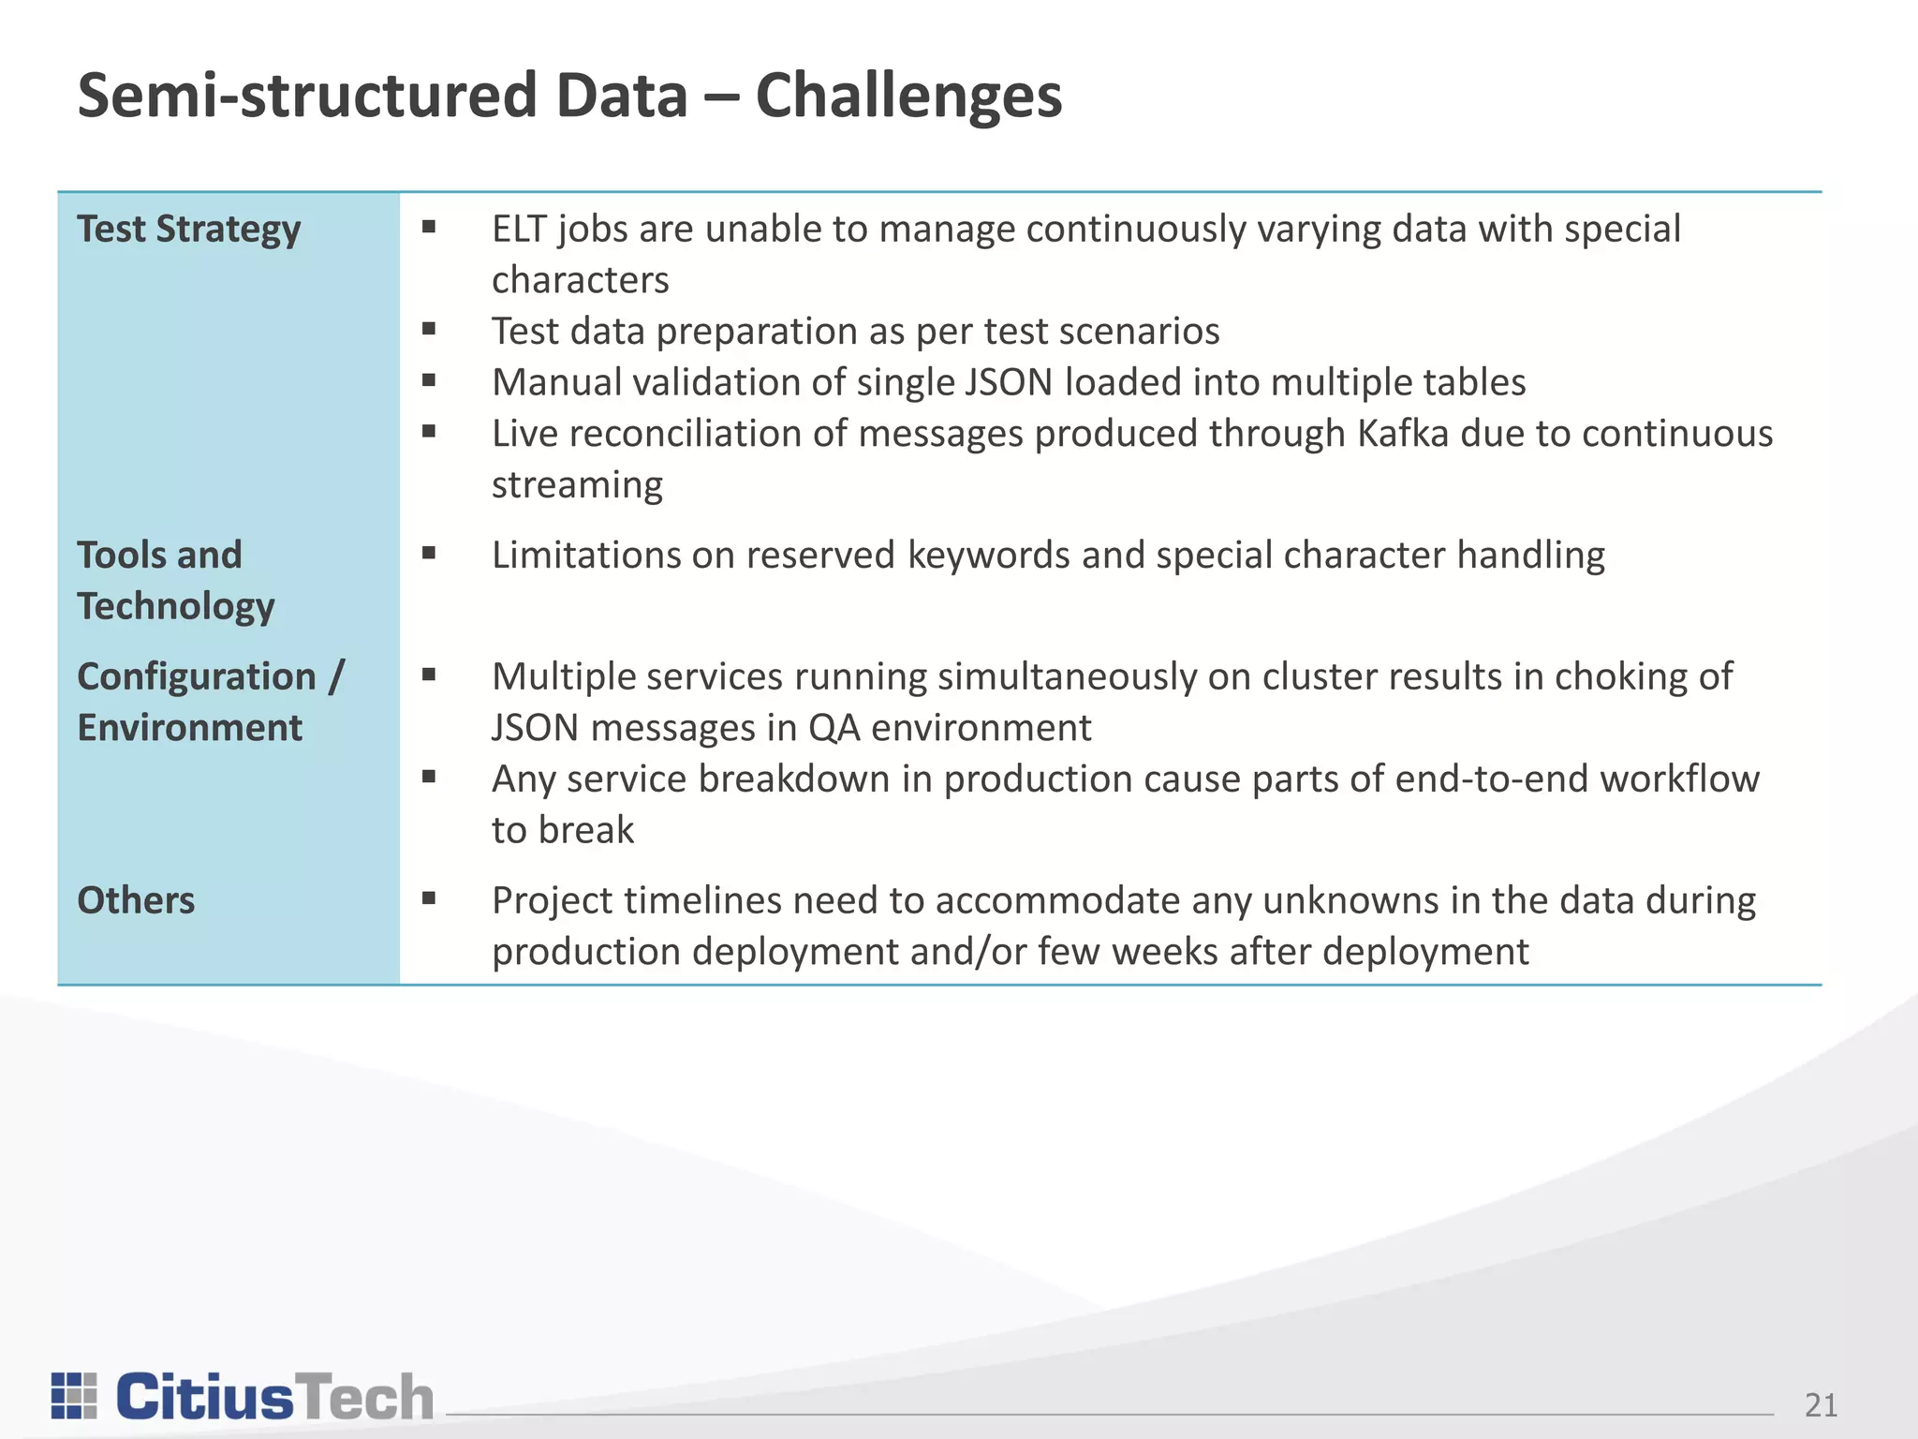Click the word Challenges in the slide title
click(x=907, y=96)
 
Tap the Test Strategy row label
click(x=188, y=230)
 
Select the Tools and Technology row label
click(x=175, y=580)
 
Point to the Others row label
click(x=136, y=900)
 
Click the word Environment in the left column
click(x=189, y=728)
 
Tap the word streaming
click(x=577, y=485)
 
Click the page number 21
click(x=1820, y=1405)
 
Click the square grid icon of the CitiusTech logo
click(x=74, y=1396)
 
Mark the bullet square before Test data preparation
click(x=429, y=328)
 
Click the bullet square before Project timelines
click(x=429, y=898)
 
